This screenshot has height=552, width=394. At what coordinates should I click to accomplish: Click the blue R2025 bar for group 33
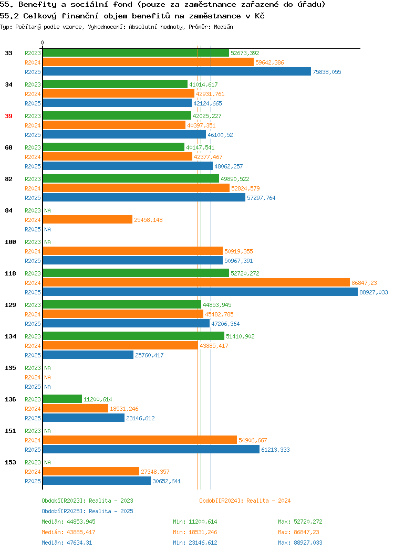click(x=177, y=71)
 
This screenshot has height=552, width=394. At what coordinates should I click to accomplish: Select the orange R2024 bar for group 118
click(x=196, y=283)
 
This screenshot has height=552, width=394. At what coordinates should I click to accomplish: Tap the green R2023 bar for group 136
click(x=63, y=399)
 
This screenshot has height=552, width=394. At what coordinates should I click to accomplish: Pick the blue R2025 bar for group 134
click(x=88, y=355)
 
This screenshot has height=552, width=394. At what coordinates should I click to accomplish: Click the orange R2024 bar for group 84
click(x=88, y=220)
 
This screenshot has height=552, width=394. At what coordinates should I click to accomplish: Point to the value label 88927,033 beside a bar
click(x=374, y=292)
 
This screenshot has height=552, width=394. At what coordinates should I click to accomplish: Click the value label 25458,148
click(x=148, y=220)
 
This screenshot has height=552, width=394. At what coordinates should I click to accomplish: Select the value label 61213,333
click(x=276, y=450)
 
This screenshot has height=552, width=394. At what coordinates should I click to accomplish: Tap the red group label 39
click(x=8, y=116)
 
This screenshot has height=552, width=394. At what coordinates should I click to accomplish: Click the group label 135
click(x=10, y=368)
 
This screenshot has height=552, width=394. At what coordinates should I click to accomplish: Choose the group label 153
click(x=10, y=462)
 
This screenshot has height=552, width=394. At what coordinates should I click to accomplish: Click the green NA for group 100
click(x=48, y=242)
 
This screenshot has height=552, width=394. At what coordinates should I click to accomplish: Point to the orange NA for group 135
click(x=48, y=377)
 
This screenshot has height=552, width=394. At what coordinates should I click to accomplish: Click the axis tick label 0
click(x=43, y=43)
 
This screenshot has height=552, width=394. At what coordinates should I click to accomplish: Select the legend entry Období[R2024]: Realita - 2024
click(x=245, y=501)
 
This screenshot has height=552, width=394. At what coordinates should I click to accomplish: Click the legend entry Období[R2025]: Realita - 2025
click(x=87, y=511)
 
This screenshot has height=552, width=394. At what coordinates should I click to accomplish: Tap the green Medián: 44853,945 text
click(x=68, y=522)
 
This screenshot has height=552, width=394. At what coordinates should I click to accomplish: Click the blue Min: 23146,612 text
click(x=195, y=543)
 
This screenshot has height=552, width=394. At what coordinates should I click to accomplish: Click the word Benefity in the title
click(x=37, y=5)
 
